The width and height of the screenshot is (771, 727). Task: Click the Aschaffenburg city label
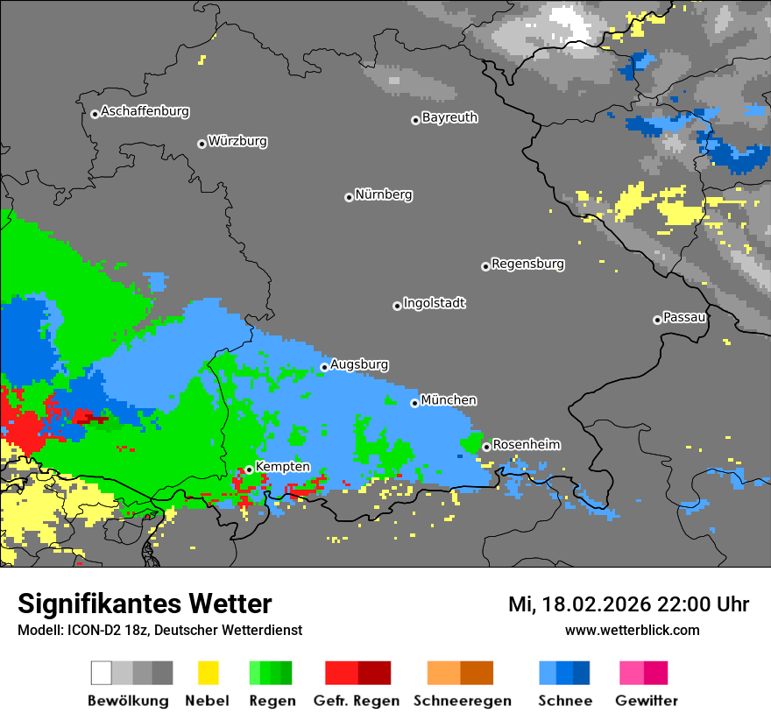[145, 111]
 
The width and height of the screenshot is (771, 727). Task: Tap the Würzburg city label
[237, 141]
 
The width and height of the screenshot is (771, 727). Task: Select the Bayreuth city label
[449, 117]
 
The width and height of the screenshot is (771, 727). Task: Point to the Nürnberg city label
[384, 194]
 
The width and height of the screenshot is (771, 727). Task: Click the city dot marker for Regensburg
[485, 266]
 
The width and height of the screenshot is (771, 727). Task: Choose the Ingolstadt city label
[435, 303]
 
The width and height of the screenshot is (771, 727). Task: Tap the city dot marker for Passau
[657, 320]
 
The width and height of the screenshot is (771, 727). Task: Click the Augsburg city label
[359, 364]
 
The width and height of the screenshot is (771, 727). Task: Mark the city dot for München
[415, 403]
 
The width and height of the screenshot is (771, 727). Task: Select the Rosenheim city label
[527, 444]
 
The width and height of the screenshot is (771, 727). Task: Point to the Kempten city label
[282, 467]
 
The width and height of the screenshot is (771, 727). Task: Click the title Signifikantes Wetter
[145, 603]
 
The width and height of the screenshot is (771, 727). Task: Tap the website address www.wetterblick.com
[632, 630]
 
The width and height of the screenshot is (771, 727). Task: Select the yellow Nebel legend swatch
[208, 673]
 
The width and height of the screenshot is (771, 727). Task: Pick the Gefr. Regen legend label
[357, 701]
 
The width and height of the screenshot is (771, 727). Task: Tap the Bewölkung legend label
[128, 701]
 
